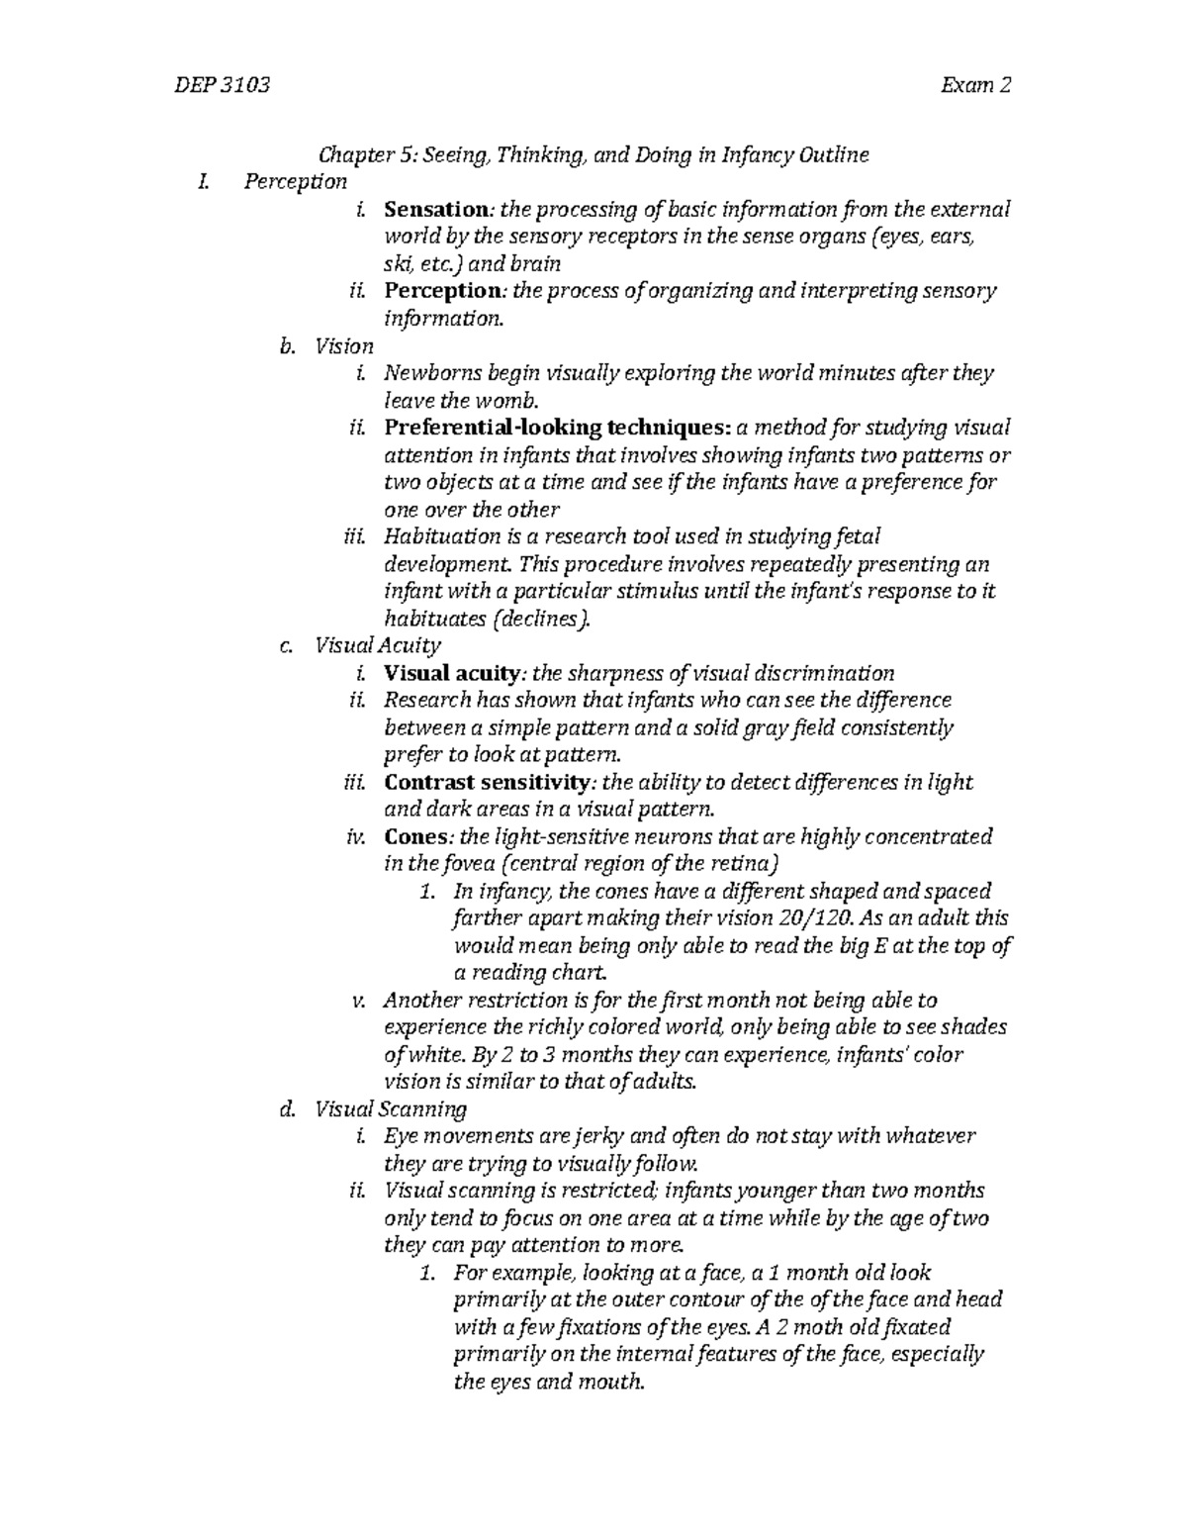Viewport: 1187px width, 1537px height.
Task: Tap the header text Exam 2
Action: tap(976, 85)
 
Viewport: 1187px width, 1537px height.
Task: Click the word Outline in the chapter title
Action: tap(835, 155)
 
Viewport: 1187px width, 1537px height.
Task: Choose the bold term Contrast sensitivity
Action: tap(486, 782)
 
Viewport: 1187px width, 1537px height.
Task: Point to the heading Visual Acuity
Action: tap(377, 646)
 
